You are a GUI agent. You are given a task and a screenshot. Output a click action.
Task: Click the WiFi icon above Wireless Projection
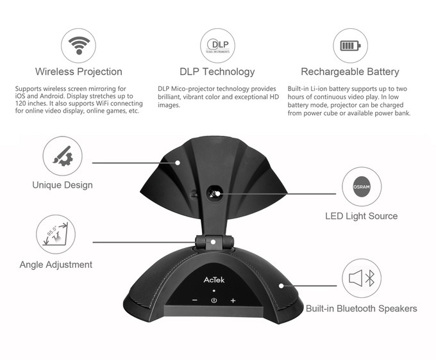(79, 46)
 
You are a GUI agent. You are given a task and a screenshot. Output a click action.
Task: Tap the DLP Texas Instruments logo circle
(218, 46)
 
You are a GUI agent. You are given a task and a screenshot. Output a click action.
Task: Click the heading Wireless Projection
(79, 72)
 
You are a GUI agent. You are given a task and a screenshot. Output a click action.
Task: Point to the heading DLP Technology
(218, 72)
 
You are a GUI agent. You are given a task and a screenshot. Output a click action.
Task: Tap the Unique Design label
(62, 185)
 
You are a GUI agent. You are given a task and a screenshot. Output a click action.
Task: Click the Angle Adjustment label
(56, 265)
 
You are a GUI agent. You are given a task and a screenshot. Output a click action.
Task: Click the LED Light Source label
(361, 216)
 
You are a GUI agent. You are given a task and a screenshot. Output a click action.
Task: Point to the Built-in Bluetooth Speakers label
(361, 309)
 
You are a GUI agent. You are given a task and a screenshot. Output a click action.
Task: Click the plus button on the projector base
(233, 300)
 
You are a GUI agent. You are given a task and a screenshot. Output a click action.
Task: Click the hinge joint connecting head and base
(212, 241)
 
